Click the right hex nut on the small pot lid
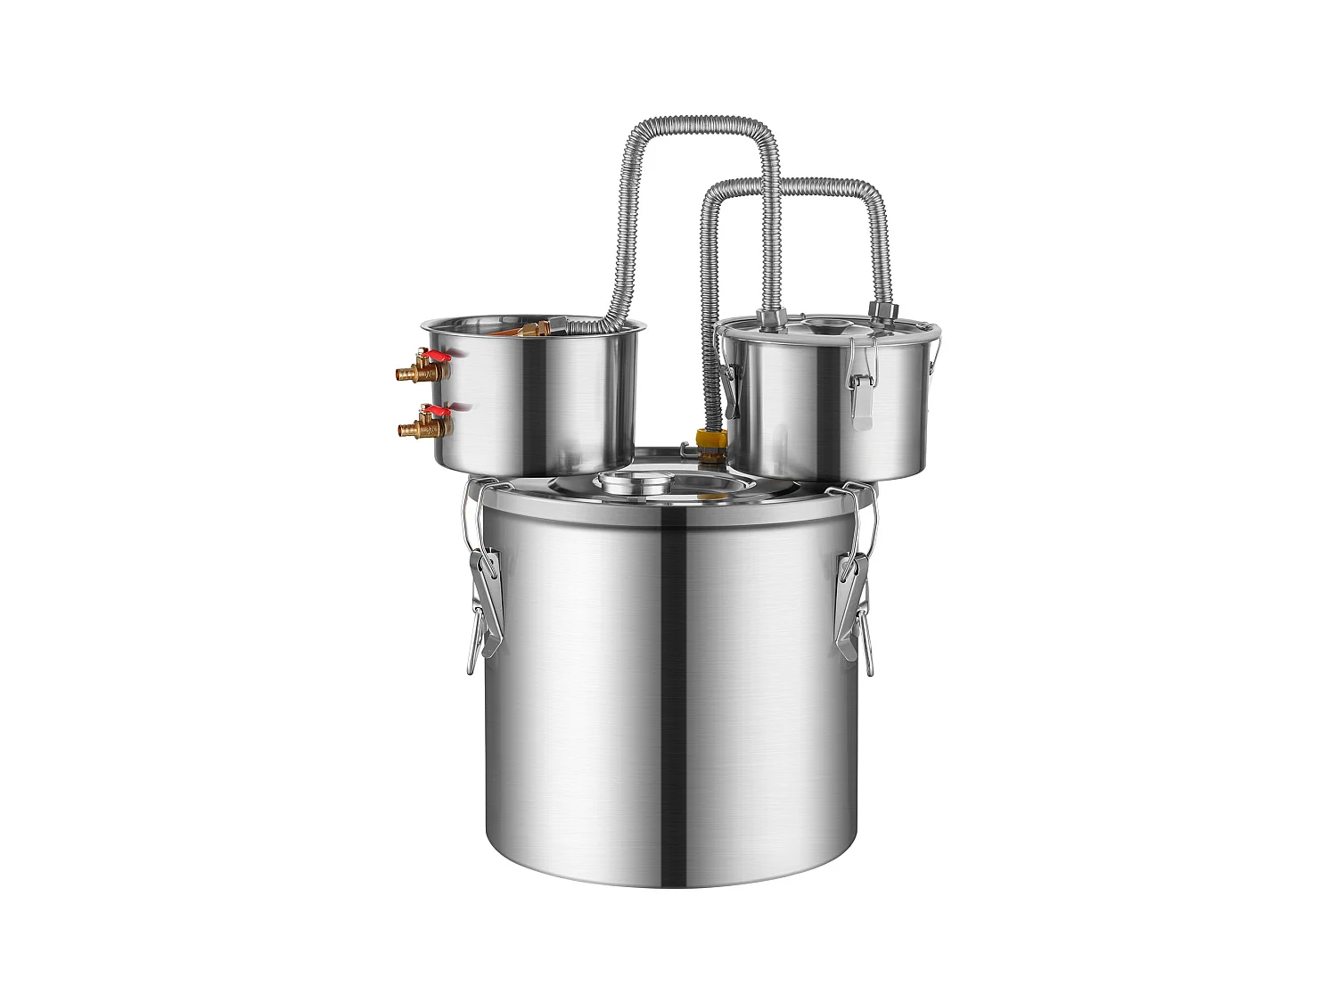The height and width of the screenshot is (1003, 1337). [882, 312]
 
